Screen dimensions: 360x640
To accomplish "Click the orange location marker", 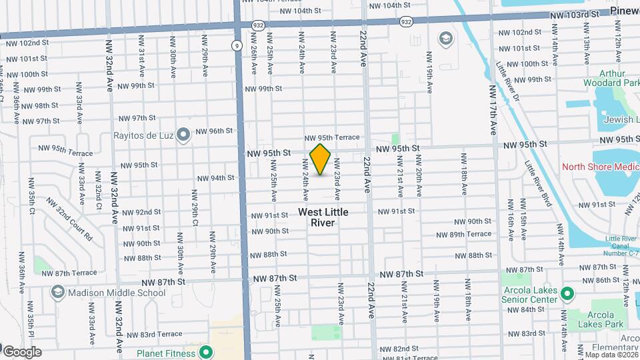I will coord(321,159).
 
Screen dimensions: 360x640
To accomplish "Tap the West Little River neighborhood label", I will coord(323,217).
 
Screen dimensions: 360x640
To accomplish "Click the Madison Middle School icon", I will coord(58,293).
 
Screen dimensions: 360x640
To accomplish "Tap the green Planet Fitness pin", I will coord(206,353).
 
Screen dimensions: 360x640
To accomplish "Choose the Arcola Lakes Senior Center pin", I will coord(567,293).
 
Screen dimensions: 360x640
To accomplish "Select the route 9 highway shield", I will coord(237,45).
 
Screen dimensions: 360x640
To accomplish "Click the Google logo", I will coord(22,351).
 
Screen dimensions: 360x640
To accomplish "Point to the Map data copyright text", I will coord(611,355).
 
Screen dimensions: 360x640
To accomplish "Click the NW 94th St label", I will coord(215,178).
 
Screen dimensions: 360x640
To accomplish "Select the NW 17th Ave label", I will coord(493,108).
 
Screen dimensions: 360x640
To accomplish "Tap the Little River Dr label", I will coord(507,82).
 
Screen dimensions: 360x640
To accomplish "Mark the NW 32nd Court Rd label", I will coord(69,219).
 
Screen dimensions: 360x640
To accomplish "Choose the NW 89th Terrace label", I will coord(464,235).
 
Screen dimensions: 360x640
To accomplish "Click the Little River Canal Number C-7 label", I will coord(619,246).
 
